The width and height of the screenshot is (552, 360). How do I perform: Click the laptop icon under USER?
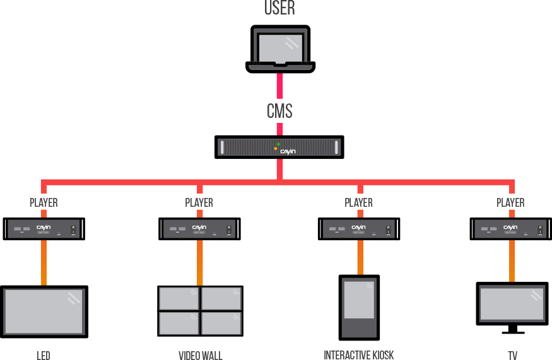coord(279,49)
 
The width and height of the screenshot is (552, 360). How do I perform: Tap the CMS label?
coord(279,111)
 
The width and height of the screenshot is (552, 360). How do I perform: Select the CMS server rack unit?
coord(279,148)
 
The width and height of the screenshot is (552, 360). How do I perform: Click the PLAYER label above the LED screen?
coord(44,202)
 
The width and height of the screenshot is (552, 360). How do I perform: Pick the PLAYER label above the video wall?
coord(199,202)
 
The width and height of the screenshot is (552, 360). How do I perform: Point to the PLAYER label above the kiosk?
coord(358,202)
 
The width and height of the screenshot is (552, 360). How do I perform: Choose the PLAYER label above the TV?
coord(510,202)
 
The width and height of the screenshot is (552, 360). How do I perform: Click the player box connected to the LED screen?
coord(44,228)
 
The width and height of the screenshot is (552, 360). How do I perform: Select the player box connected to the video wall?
coord(199,228)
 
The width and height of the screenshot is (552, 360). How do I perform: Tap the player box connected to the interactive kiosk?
coord(359,228)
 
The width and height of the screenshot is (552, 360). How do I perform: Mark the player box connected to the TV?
coord(510,228)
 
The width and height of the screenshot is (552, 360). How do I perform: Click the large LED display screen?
coord(44,311)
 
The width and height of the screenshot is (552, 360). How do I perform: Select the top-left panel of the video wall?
coord(179,298)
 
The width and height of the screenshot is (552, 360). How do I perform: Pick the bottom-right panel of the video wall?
coord(221,323)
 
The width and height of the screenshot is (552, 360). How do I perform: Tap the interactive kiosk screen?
coord(359,300)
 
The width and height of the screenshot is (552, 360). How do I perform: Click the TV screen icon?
coord(512,304)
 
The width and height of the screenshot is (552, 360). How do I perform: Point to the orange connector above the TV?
coord(512,260)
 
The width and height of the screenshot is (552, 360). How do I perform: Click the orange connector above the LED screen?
coord(44,262)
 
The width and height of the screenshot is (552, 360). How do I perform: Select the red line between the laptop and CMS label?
coord(279,84)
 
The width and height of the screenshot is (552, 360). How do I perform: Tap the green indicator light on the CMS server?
coord(278,144)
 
